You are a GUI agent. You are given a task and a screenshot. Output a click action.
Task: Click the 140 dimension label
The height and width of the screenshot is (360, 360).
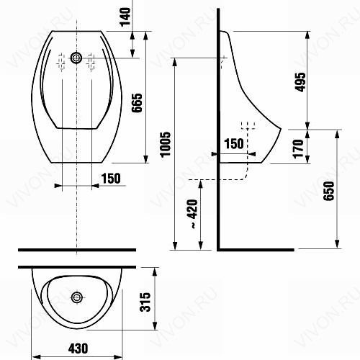(125, 17)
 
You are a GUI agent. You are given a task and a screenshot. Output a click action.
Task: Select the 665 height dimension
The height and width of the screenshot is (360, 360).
(138, 103)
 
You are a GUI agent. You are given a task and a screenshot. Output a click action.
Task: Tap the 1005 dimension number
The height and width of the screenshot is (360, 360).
(166, 145)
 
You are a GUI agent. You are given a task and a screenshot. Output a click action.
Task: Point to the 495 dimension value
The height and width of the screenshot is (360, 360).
(300, 82)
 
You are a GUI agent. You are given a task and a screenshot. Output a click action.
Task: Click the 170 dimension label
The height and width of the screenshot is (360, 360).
(298, 148)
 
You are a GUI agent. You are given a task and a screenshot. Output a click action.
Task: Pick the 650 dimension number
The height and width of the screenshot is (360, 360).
(328, 191)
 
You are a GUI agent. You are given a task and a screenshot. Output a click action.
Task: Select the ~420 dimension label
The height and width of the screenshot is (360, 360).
(192, 214)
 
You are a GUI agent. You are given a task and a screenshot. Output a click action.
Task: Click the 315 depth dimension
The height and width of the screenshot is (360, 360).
(145, 302)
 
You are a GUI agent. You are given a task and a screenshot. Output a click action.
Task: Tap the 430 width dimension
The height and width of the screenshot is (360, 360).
(78, 348)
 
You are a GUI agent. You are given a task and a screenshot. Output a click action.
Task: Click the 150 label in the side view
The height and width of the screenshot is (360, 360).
(234, 143)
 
